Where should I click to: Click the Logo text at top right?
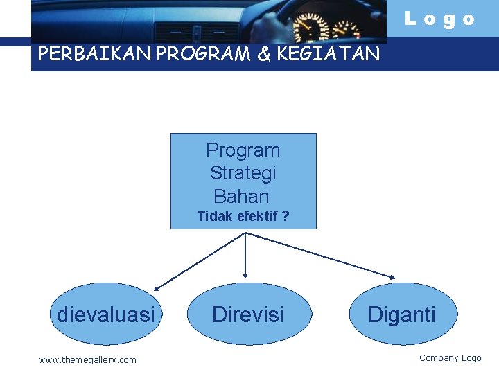click(x=440, y=19)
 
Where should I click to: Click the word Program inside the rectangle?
click(x=243, y=150)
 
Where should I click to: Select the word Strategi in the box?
click(x=243, y=172)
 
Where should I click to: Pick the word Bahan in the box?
click(x=241, y=195)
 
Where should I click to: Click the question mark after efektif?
click(x=286, y=216)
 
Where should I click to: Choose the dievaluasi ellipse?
click(x=105, y=314)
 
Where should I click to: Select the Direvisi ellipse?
click(x=247, y=314)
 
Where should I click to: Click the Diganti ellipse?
click(x=402, y=314)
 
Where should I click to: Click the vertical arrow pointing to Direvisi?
click(x=245, y=256)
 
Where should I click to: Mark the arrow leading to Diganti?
click(x=320, y=256)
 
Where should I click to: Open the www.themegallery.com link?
click(x=87, y=359)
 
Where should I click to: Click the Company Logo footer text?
click(x=450, y=358)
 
